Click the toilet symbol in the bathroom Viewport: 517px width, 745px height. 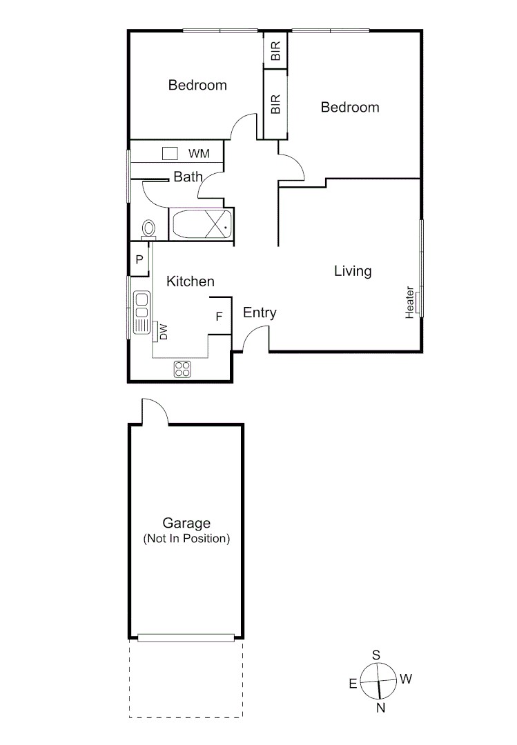(x=148, y=228)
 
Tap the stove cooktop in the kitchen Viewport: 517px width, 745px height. (x=182, y=369)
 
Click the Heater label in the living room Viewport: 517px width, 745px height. (x=410, y=302)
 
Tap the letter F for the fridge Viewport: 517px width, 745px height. (x=219, y=317)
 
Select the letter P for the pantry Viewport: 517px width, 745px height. (x=139, y=260)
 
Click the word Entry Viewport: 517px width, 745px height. (x=260, y=313)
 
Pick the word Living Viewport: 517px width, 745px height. (x=353, y=271)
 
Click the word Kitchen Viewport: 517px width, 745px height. (x=191, y=281)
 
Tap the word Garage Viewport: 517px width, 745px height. (x=186, y=524)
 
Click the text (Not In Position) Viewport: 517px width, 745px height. (x=186, y=539)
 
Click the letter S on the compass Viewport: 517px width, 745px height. (x=376, y=655)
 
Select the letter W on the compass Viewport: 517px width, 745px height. (x=406, y=679)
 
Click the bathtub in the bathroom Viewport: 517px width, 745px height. (x=201, y=224)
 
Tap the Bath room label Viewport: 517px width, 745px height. (x=188, y=177)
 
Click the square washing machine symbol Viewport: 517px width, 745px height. (x=170, y=153)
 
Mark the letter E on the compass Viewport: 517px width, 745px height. (x=353, y=684)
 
